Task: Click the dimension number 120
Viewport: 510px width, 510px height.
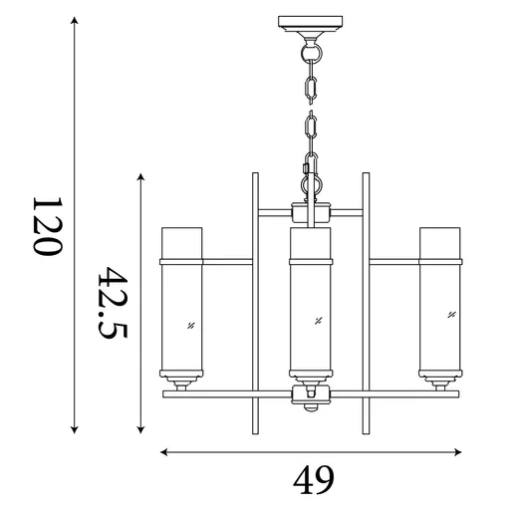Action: (48, 226)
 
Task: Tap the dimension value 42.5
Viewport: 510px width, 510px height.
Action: (113, 302)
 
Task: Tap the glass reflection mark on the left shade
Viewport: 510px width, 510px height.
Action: (189, 324)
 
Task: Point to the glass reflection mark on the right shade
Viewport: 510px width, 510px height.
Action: (451, 315)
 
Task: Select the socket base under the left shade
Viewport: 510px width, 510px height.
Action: (182, 381)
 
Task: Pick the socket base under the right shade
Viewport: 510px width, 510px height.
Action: (439, 381)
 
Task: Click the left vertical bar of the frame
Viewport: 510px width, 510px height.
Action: (256, 299)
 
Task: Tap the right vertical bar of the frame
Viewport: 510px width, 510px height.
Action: (366, 299)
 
